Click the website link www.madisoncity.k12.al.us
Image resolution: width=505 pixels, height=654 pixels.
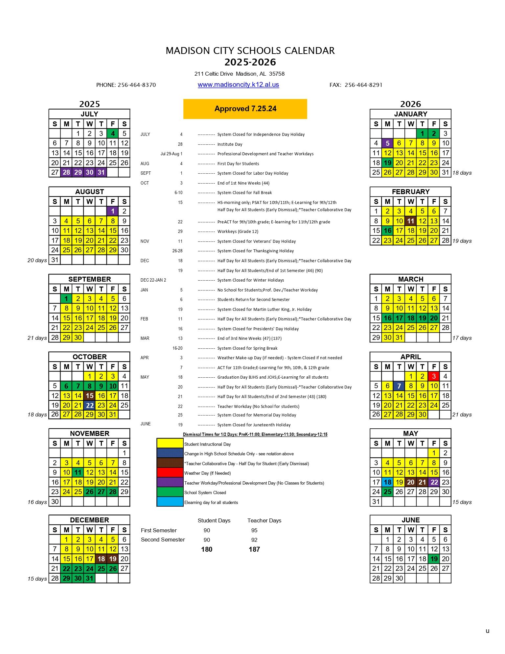tap(238, 85)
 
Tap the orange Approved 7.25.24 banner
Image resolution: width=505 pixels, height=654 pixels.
tap(245, 109)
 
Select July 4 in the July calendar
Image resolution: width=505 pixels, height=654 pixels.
tap(113, 134)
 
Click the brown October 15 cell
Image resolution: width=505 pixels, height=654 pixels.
tap(89, 396)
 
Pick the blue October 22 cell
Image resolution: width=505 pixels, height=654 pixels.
tap(89, 405)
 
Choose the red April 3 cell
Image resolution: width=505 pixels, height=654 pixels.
tap(434, 376)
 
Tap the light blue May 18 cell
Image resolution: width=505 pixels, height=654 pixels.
tap(388, 482)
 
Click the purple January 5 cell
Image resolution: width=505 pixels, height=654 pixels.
tap(388, 143)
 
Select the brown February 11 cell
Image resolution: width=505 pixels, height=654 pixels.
tap(411, 221)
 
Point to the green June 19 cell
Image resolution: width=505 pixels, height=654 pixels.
tap(434, 559)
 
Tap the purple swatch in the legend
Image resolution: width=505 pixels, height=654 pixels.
tap(170, 483)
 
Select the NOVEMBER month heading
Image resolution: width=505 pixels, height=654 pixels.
tap(89, 434)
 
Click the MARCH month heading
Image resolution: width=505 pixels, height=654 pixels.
tap(411, 279)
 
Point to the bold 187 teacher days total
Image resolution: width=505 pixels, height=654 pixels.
tap(254, 549)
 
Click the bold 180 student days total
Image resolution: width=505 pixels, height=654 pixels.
tap(207, 549)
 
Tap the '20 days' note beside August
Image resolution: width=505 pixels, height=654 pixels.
tap(37, 260)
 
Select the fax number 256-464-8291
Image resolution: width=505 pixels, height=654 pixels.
tap(363, 85)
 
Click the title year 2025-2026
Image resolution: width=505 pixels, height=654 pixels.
tap(250, 62)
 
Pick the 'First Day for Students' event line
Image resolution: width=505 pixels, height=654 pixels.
tap(238, 164)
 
